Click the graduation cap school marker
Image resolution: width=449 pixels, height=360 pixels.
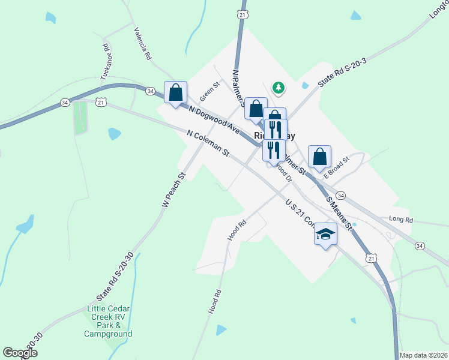(x=325, y=234)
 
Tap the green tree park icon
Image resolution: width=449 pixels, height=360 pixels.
(x=279, y=88)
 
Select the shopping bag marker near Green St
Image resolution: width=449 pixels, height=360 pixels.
(x=175, y=94)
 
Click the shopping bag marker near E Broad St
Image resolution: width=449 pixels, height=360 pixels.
(x=320, y=157)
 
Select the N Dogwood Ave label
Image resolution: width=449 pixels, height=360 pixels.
(x=214, y=120)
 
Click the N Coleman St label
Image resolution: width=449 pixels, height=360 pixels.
(x=208, y=144)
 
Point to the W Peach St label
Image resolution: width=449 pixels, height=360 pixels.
(x=175, y=191)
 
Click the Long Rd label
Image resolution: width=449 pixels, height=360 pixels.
(x=401, y=220)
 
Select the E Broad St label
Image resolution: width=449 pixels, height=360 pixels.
(x=336, y=171)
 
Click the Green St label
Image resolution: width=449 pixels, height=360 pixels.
(x=211, y=92)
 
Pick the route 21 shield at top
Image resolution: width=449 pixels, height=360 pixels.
(x=242, y=14)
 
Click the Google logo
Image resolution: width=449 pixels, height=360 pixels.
(x=20, y=353)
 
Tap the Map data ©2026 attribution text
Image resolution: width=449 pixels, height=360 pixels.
(x=423, y=355)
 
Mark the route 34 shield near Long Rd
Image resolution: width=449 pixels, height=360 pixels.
(x=420, y=245)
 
